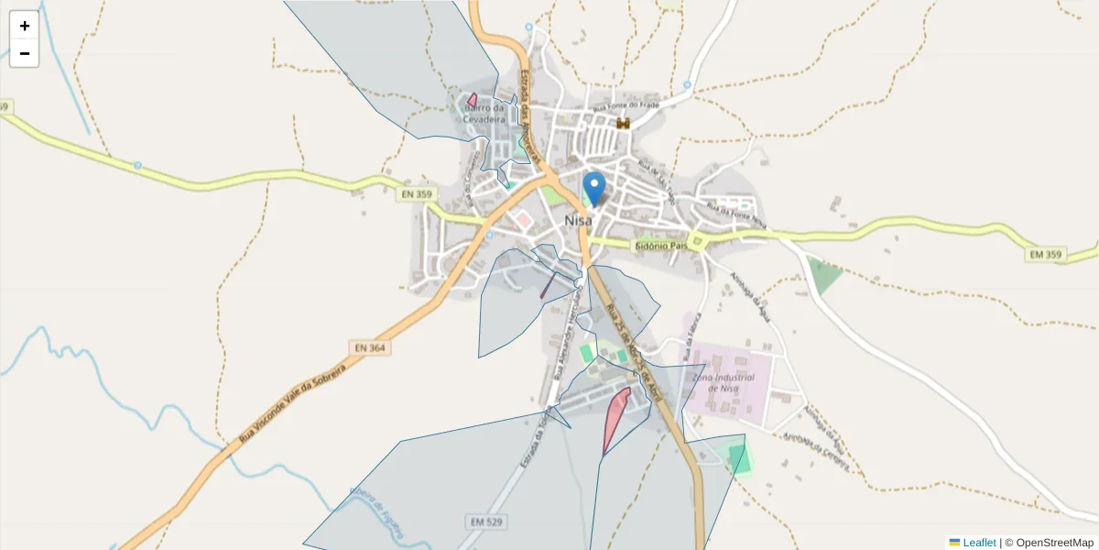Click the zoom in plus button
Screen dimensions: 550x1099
pyautogui.click(x=25, y=26)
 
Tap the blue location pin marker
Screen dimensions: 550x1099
pyautogui.click(x=594, y=189)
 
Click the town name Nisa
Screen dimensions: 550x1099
pyautogui.click(x=578, y=221)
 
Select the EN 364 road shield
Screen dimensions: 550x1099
pyautogui.click(x=368, y=347)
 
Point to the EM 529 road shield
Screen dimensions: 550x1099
pyautogui.click(x=488, y=522)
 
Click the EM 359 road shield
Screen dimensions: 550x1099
pyautogui.click(x=1044, y=254)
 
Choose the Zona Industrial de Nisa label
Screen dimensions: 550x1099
pyautogui.click(x=723, y=383)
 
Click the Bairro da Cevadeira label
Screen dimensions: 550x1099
pyautogui.click(x=483, y=113)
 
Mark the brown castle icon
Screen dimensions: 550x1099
pyautogui.click(x=624, y=123)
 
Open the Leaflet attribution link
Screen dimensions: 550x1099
pyautogui.click(x=978, y=543)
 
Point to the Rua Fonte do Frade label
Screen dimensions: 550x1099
pyautogui.click(x=626, y=106)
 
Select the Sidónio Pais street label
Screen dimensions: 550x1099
pyautogui.click(x=660, y=247)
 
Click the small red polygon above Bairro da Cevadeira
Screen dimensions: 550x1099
pyautogui.click(x=472, y=100)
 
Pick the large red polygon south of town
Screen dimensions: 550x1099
pyautogui.click(x=615, y=417)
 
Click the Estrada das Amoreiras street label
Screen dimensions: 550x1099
pyautogui.click(x=527, y=101)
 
